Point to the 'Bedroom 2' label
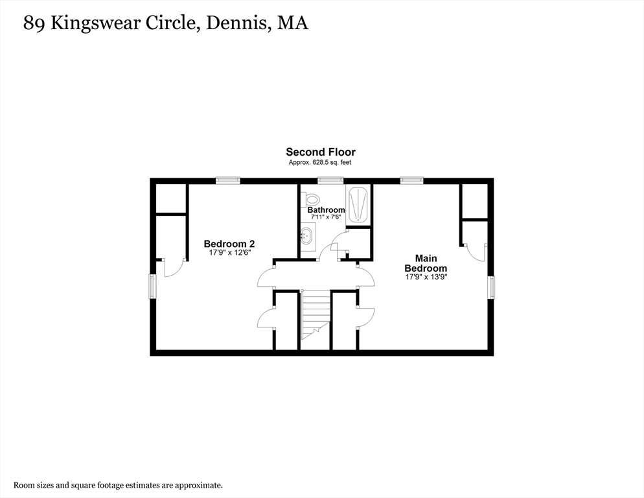229,244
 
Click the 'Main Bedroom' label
426,263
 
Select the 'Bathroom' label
326,210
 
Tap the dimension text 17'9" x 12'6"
229,253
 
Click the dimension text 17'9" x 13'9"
426,277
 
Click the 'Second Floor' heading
321,152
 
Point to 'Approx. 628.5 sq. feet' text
320,162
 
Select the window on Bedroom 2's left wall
153,286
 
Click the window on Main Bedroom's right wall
491,287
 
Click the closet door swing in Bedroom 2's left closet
172,267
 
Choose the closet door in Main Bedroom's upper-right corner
476,252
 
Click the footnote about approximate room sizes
118,484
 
